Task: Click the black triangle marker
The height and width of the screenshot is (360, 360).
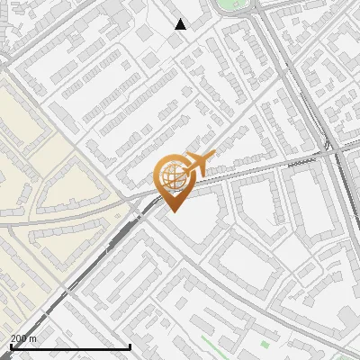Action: tap(181, 24)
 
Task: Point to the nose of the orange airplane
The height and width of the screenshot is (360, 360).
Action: tap(211, 157)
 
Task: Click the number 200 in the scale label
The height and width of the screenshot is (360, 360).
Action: tap(19, 339)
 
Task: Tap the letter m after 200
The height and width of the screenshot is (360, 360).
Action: tap(33, 339)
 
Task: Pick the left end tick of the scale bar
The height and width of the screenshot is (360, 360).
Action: tap(10, 346)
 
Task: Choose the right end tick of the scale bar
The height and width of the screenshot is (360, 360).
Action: tap(130, 346)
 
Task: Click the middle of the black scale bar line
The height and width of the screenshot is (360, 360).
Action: tap(70, 347)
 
